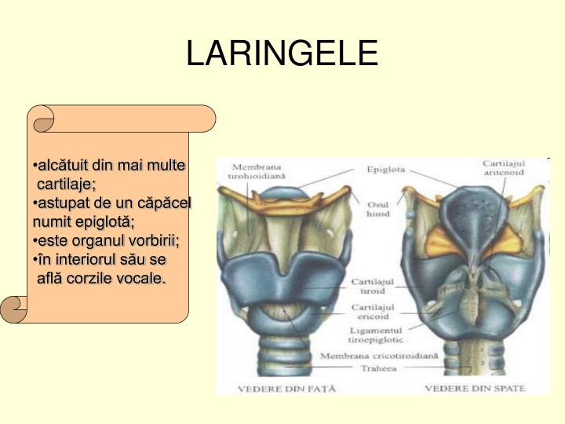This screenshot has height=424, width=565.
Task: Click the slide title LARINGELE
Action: (282, 53)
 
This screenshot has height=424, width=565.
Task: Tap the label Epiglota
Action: (385, 169)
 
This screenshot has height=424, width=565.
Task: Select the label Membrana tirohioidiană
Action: (257, 171)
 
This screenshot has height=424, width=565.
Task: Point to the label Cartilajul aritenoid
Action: (503, 167)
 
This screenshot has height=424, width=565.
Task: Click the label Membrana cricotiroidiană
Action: (378, 356)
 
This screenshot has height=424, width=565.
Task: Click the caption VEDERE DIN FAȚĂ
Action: (281, 388)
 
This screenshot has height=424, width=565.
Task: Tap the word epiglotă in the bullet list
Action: (98, 221)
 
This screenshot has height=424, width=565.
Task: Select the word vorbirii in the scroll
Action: (155, 240)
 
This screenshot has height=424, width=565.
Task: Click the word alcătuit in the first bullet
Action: (64, 166)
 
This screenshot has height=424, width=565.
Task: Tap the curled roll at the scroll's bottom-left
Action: (15, 309)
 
